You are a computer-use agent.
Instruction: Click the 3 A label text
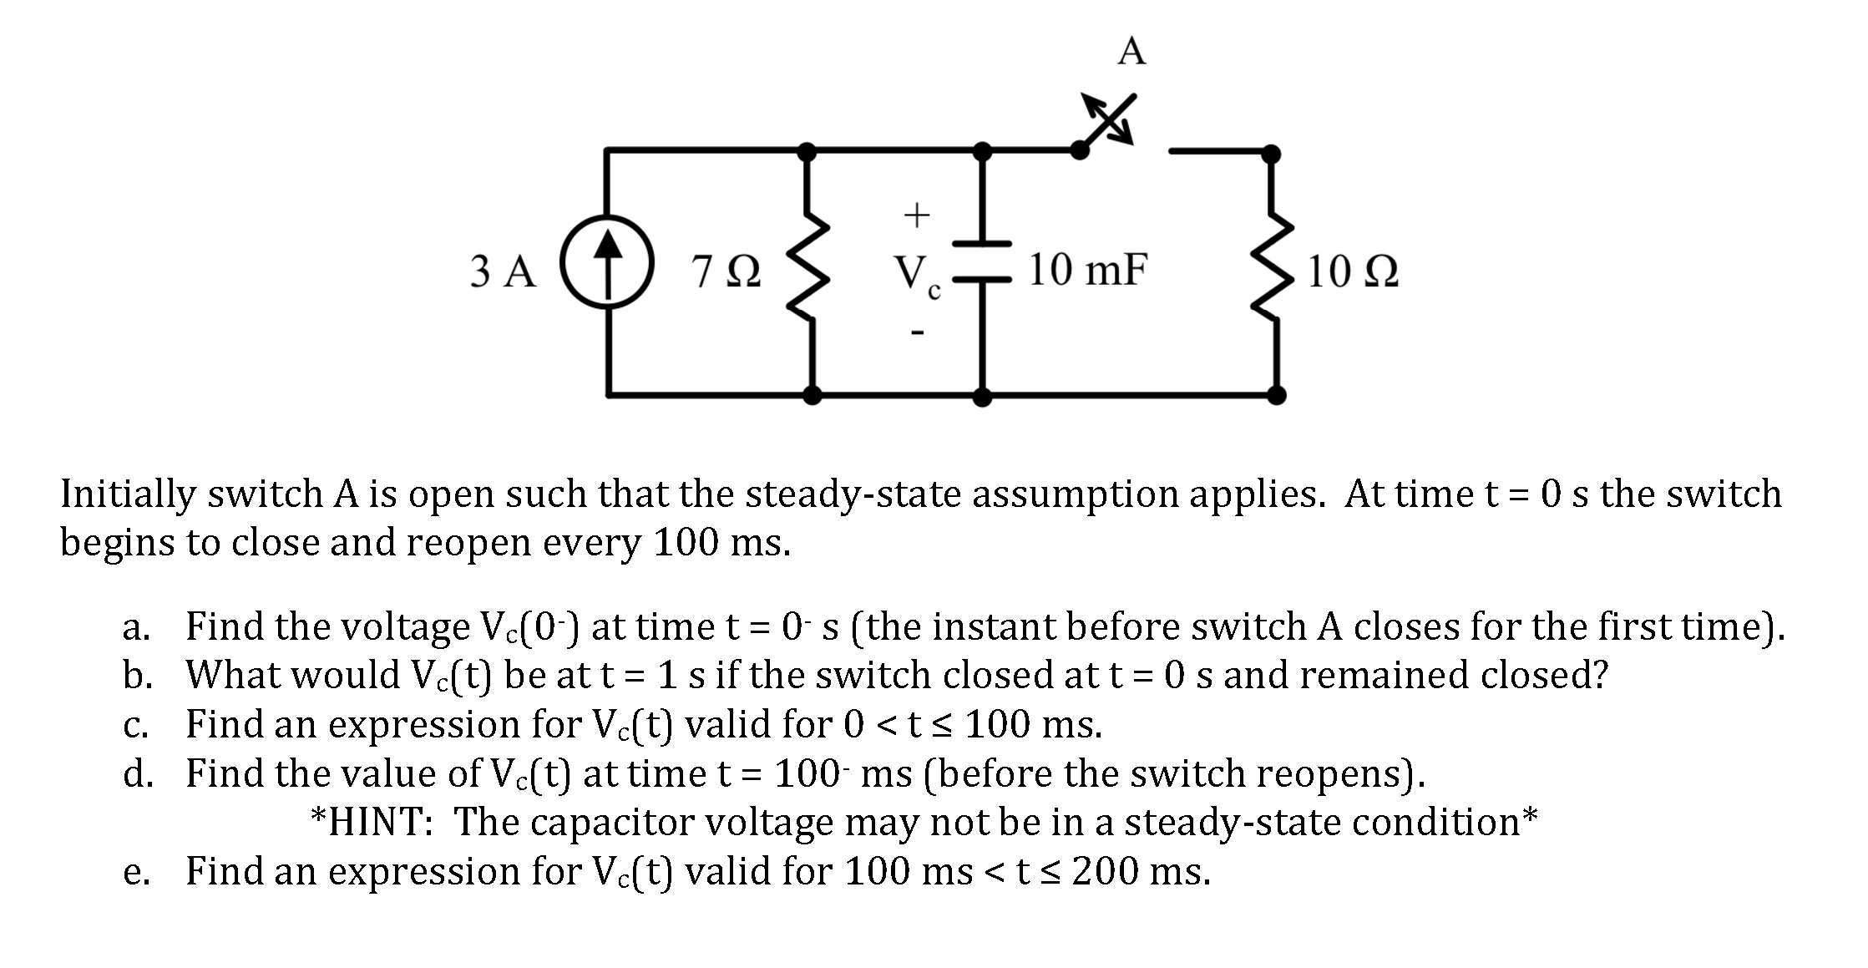pyautogui.click(x=503, y=272)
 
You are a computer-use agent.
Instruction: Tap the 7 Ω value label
pyautogui.click(x=726, y=272)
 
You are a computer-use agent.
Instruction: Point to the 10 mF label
pyautogui.click(x=1087, y=270)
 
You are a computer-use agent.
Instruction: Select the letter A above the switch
pyautogui.click(x=1131, y=52)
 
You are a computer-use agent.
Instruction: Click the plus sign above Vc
pyautogui.click(x=917, y=215)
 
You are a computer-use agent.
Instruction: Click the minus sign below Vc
pyautogui.click(x=917, y=333)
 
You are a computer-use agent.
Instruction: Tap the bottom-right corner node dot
pyautogui.click(x=1276, y=394)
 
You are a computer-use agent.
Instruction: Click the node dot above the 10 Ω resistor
pyautogui.click(x=1270, y=154)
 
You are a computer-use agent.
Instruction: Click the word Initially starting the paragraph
pyautogui.click(x=127, y=495)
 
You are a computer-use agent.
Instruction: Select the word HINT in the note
pyautogui.click(x=380, y=822)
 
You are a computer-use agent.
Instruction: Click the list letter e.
pyautogui.click(x=135, y=872)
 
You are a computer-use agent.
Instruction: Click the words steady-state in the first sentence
pyautogui.click(x=853, y=495)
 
